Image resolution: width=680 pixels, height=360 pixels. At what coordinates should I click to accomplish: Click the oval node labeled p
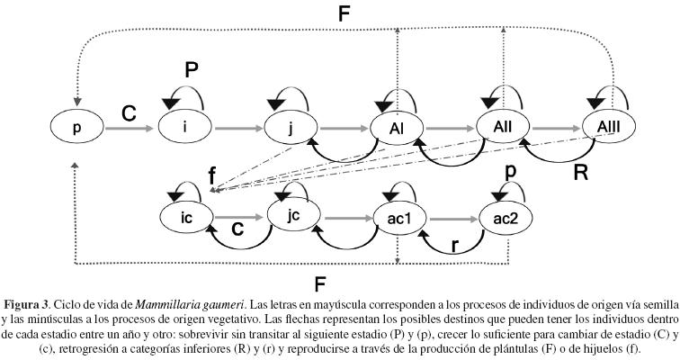click(x=76, y=129)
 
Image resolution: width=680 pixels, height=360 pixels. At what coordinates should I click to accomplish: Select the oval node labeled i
click(x=184, y=128)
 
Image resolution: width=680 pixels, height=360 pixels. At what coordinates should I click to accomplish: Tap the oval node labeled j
click(x=291, y=128)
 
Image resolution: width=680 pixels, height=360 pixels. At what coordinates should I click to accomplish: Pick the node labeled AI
click(x=397, y=128)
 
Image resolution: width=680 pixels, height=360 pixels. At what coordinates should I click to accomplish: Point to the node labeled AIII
click(x=609, y=128)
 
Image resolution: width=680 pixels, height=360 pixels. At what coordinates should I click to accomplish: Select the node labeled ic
click(x=185, y=217)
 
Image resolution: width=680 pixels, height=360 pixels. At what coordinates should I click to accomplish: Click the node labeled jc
click(x=293, y=217)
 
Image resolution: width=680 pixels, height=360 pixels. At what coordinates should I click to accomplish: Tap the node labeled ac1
click(x=398, y=218)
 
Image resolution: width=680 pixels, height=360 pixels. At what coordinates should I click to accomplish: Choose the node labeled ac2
click(x=505, y=218)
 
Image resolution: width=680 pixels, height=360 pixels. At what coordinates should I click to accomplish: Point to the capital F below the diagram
click(x=318, y=285)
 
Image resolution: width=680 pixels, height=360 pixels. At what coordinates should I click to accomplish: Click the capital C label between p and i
click(x=130, y=113)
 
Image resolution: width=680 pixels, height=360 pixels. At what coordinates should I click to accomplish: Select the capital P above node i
click(x=191, y=69)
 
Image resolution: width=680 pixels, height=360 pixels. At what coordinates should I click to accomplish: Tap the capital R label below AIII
click(x=581, y=173)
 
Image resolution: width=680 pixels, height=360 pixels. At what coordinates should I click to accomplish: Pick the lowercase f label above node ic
click(x=212, y=177)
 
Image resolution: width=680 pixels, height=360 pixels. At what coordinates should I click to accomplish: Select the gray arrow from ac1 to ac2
click(x=452, y=218)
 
